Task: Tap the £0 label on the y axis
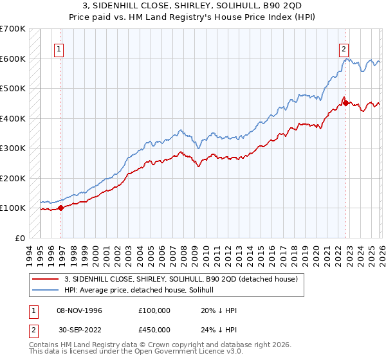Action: [x=21, y=238]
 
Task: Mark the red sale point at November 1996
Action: [x=61, y=208]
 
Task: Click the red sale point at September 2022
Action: [x=345, y=103]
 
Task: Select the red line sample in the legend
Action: [x=45, y=279]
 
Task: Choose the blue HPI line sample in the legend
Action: [x=45, y=290]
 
